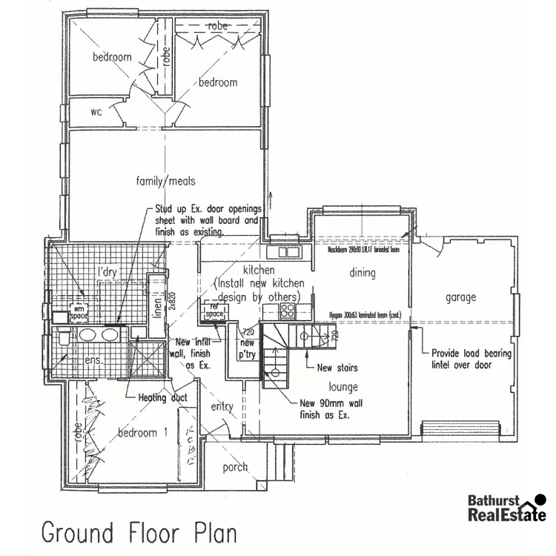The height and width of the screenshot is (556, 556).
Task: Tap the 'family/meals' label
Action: coord(165,181)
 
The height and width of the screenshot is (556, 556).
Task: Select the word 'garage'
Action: coord(460,297)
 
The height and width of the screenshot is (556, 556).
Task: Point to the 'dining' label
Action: coord(363,273)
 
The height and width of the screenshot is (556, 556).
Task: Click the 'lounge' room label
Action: coord(343,386)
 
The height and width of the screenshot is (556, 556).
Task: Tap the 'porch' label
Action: coord(235,467)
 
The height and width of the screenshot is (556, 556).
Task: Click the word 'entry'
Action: coord(222,407)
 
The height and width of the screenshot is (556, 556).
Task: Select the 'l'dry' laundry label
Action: coord(108,272)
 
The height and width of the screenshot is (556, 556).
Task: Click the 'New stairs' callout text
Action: coord(337,367)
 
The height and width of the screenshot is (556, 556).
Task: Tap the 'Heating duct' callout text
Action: coord(162,397)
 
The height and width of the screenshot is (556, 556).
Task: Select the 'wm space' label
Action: coord(79,311)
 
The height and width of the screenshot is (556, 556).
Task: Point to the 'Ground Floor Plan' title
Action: coord(139,532)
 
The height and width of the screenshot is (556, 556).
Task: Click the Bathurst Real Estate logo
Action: coord(498,508)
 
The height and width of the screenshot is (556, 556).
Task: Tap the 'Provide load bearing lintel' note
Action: coord(471,359)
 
